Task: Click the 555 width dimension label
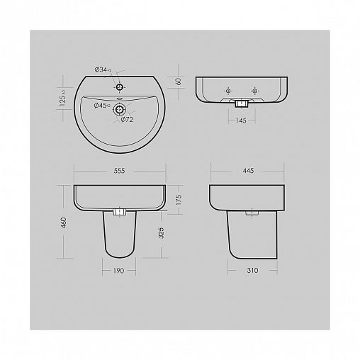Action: pyautogui.click(x=119, y=171)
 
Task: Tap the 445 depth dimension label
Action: pyautogui.click(x=248, y=170)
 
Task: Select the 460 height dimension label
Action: pyautogui.click(x=64, y=223)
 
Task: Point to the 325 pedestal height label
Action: pyautogui.click(x=161, y=233)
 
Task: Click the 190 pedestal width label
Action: pyautogui.click(x=118, y=271)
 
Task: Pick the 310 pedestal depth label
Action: pyautogui.click(x=252, y=270)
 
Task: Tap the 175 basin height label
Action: pyautogui.click(x=179, y=200)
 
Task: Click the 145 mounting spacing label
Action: pyautogui.click(x=241, y=120)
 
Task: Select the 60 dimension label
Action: pyautogui.click(x=179, y=81)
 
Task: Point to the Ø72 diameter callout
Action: pyautogui.click(x=127, y=120)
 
